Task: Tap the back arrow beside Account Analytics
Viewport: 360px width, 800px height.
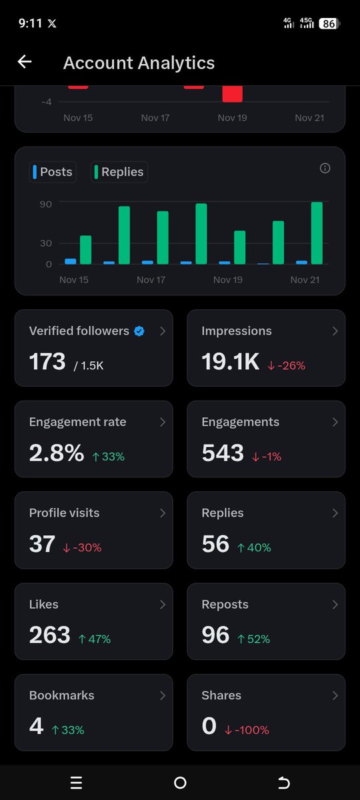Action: (25, 62)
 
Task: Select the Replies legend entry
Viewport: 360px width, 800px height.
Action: (119, 172)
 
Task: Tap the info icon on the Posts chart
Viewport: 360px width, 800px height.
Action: (325, 169)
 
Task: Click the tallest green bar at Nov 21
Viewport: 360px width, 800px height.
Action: (317, 233)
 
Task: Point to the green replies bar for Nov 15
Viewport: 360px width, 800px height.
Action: (85, 249)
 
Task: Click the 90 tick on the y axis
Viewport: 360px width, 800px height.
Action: (46, 203)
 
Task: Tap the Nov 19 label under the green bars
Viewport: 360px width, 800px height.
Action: (227, 280)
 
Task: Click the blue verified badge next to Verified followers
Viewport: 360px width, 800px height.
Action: (139, 331)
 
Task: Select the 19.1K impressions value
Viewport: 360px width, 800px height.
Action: (230, 362)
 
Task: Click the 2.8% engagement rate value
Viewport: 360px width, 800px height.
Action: (56, 453)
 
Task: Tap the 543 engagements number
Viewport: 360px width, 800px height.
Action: (223, 453)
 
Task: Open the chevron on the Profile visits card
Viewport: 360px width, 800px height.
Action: (163, 513)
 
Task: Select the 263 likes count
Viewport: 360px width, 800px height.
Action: (49, 635)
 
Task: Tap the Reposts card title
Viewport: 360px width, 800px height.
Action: (225, 605)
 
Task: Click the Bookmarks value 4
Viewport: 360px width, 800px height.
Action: (36, 726)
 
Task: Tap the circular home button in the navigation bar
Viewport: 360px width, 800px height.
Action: (180, 783)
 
